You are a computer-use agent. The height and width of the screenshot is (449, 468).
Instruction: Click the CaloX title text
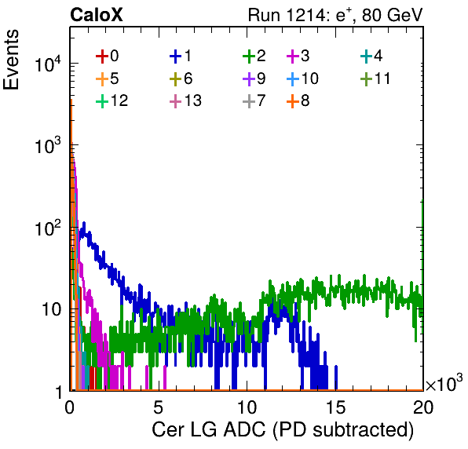(x=96, y=15)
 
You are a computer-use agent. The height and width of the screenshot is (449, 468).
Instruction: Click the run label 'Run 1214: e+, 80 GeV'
(x=335, y=15)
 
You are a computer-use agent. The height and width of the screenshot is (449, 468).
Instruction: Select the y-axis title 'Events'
(x=11, y=60)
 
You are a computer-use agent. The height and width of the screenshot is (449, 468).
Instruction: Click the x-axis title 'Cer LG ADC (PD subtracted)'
(x=283, y=430)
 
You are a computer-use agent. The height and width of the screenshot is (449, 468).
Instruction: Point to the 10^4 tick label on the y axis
(x=48, y=64)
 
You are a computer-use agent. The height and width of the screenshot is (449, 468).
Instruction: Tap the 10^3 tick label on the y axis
(x=48, y=145)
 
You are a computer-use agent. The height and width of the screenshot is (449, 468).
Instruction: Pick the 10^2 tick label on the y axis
(x=48, y=228)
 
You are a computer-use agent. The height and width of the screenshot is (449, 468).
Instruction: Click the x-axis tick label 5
(x=158, y=407)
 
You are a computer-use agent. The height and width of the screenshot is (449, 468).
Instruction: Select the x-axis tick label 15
(x=336, y=407)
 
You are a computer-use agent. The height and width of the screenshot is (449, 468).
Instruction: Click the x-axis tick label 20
(x=423, y=407)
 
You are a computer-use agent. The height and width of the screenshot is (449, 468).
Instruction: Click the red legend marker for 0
(x=102, y=57)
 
